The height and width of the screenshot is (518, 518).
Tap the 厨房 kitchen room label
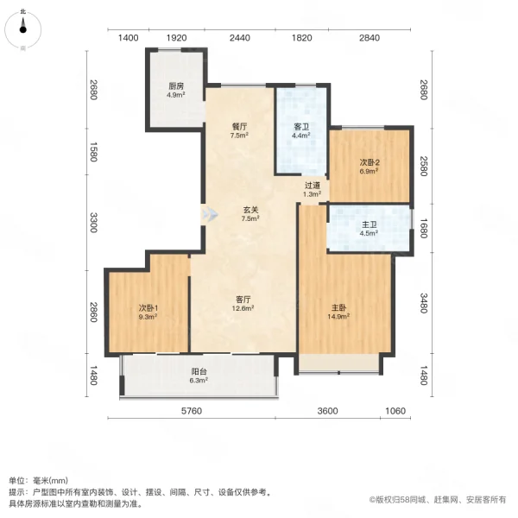tap(175, 85)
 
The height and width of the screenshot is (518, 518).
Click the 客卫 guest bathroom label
tap(300, 126)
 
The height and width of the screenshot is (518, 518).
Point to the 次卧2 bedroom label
tap(370, 162)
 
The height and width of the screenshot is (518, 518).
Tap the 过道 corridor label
tap(313, 186)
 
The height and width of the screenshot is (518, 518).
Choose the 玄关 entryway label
tap(250, 210)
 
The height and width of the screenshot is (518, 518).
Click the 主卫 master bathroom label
tap(369, 226)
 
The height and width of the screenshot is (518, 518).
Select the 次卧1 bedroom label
tap(148, 308)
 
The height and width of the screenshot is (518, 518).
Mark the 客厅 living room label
tap(242, 299)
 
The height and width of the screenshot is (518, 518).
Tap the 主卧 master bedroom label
tap(338, 308)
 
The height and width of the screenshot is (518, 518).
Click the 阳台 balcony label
tap(199, 372)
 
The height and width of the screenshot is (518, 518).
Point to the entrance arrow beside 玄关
tap(207, 214)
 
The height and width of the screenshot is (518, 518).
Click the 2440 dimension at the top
tap(239, 38)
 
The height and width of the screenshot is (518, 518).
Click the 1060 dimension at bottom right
tap(395, 411)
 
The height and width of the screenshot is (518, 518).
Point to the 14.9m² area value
tap(338, 317)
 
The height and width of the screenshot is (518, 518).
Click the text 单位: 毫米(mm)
tap(44, 480)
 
